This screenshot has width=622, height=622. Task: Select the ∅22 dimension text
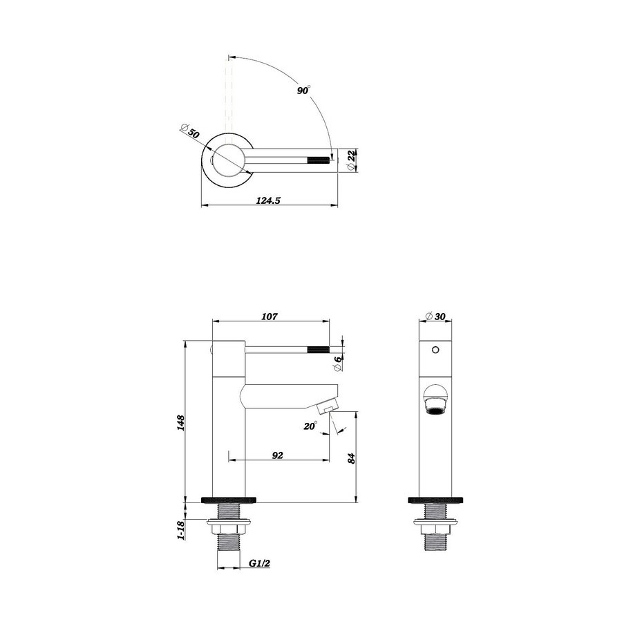coord(352,157)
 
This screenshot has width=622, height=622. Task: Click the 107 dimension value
coord(270,317)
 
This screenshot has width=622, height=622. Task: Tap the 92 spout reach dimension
coord(278,455)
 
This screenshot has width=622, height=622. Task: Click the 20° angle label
coord(310,426)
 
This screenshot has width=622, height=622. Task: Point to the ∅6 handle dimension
coord(339,359)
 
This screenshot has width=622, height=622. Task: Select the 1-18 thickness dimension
coord(180,531)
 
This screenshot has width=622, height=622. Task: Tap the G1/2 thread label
coord(259,564)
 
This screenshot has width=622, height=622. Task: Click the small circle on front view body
coord(435,349)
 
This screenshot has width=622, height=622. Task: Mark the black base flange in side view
coord(229,498)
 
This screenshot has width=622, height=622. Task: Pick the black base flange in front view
coord(435,498)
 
